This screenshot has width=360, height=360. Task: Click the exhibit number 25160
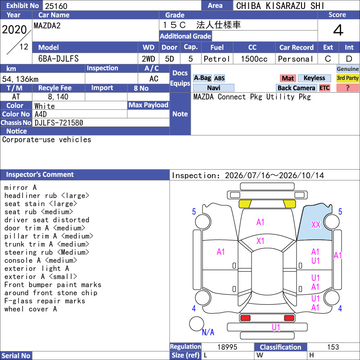[x=56, y=6]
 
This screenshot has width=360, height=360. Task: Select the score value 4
[x=338, y=30]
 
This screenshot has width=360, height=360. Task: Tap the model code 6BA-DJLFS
[x=58, y=59]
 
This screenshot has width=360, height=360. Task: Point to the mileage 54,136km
[x=20, y=79]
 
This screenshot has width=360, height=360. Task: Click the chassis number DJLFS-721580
[x=59, y=123]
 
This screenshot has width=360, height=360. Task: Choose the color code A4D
[x=40, y=114]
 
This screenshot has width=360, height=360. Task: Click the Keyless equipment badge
[x=314, y=78]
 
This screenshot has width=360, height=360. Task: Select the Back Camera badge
[x=296, y=88]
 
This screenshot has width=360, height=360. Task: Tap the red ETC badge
[x=324, y=88]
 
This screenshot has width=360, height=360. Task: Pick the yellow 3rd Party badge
[x=347, y=78]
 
